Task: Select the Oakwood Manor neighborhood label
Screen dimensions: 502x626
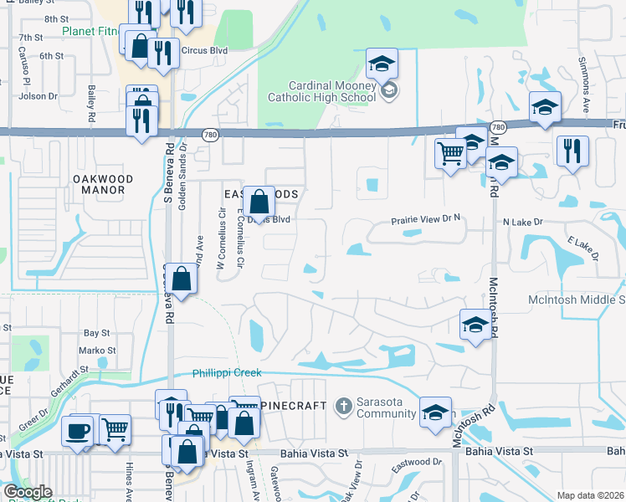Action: [99, 184]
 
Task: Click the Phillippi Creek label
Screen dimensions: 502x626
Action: [227, 373]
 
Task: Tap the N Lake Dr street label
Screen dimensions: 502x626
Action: [523, 223]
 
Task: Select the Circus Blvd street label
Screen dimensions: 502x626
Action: [208, 50]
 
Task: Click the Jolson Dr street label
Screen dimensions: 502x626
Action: [38, 96]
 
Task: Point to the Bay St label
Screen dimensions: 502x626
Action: [97, 333]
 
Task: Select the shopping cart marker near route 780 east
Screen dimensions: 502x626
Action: [450, 153]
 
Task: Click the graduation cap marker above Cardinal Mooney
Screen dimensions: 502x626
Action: [381, 63]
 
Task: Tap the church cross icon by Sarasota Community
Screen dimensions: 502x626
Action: [341, 407]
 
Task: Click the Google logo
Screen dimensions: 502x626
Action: [27, 492]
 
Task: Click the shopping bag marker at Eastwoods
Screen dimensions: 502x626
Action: [259, 201]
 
